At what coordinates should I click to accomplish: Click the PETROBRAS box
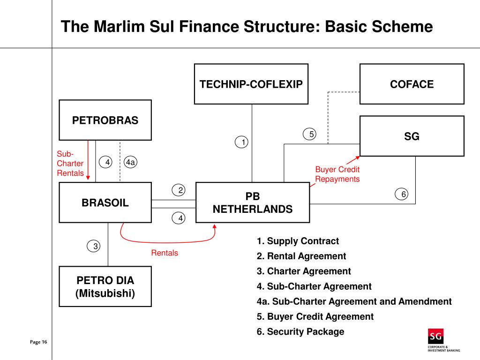coord(105,120)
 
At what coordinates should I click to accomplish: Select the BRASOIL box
coord(105,202)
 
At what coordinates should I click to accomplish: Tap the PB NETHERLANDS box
coord(252,202)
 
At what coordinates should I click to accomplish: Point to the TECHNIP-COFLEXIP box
coord(251,84)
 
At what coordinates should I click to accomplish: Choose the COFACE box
coord(412,84)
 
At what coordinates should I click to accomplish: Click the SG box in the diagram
coord(412,136)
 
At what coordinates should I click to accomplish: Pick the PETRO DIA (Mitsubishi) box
coord(105,287)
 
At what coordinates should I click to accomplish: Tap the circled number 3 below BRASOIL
coord(95,246)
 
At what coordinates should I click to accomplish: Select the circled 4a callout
coord(130,162)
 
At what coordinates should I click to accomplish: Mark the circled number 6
coord(402,194)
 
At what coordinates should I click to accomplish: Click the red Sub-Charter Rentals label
coord(70,164)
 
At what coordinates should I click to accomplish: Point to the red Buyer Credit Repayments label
coord(337,174)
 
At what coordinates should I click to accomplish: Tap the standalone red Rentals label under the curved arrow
coord(165,253)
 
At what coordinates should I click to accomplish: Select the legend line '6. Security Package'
coord(300,331)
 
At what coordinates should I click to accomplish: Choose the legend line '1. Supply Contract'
coord(297,241)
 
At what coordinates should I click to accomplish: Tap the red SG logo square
coord(435,337)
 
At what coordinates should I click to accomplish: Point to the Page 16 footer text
coord(38,342)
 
